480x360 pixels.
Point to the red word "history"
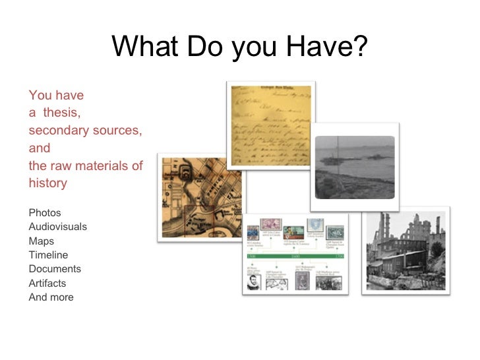(48, 183)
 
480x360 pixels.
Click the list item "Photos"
(45, 213)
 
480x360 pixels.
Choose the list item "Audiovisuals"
(58, 227)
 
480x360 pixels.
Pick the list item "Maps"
(42, 241)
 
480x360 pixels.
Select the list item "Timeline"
(49, 255)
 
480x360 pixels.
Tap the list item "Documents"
(55, 269)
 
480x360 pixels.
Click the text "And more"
(51, 297)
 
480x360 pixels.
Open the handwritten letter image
(271, 125)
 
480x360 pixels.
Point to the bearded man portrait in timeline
(254, 282)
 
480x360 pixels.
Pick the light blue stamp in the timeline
(315, 225)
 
